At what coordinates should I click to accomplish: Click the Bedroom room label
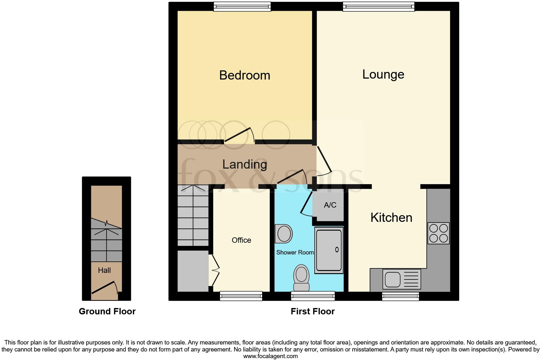[244, 75]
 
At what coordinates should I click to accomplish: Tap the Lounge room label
[383, 74]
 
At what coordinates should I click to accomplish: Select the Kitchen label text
[391, 218]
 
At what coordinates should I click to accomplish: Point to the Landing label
[244, 164]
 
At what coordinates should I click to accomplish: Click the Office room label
[241, 240]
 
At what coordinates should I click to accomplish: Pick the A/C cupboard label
[330, 205]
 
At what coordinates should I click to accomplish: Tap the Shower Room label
[295, 252]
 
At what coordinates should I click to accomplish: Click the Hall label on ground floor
[104, 270]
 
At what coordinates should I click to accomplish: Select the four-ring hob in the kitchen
[438, 233]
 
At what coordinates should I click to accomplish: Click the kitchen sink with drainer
[402, 279]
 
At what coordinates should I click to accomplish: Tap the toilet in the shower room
[301, 277]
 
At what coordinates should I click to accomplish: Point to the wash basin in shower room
[284, 234]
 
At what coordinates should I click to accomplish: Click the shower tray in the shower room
[329, 250]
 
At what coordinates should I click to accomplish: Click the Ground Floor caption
[107, 312]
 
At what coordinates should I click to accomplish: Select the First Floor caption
[312, 312]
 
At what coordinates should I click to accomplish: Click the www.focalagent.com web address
[270, 356]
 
